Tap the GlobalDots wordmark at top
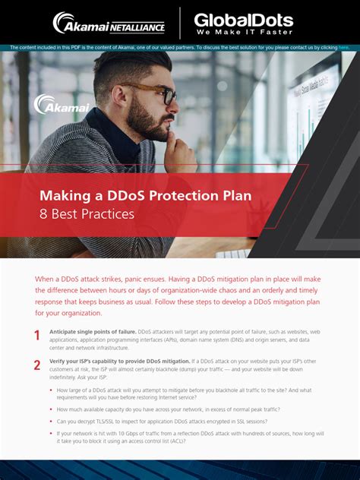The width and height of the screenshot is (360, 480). tap(243, 19)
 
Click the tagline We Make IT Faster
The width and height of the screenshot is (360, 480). tap(243, 33)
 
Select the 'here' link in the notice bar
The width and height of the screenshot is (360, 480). tap(343, 48)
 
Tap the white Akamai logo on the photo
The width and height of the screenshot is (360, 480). tap(62, 105)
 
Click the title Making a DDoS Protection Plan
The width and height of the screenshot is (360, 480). tap(146, 195)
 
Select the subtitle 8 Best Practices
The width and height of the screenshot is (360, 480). tap(87, 214)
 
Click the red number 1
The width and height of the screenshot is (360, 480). tap(36, 336)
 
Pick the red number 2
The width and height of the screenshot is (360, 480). tap(36, 365)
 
